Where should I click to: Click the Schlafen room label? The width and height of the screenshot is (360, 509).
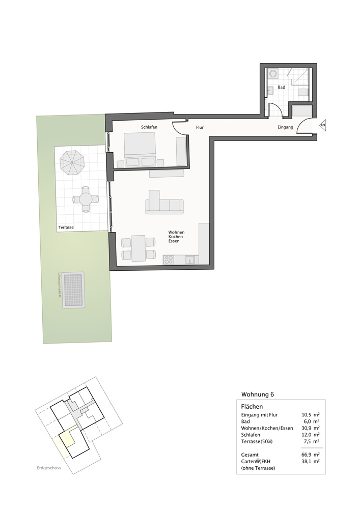(x=149, y=127)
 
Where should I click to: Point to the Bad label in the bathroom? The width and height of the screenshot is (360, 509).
(x=281, y=88)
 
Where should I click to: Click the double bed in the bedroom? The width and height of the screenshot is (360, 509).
(x=140, y=149)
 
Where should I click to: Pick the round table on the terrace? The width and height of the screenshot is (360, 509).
(x=86, y=200)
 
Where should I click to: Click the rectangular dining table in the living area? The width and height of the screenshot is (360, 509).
(x=137, y=248)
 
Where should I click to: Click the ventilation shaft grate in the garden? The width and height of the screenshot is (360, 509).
(x=74, y=290)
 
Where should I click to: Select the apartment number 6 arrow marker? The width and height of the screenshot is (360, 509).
(x=322, y=125)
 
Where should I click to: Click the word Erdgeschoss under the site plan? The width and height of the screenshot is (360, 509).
(x=49, y=468)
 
